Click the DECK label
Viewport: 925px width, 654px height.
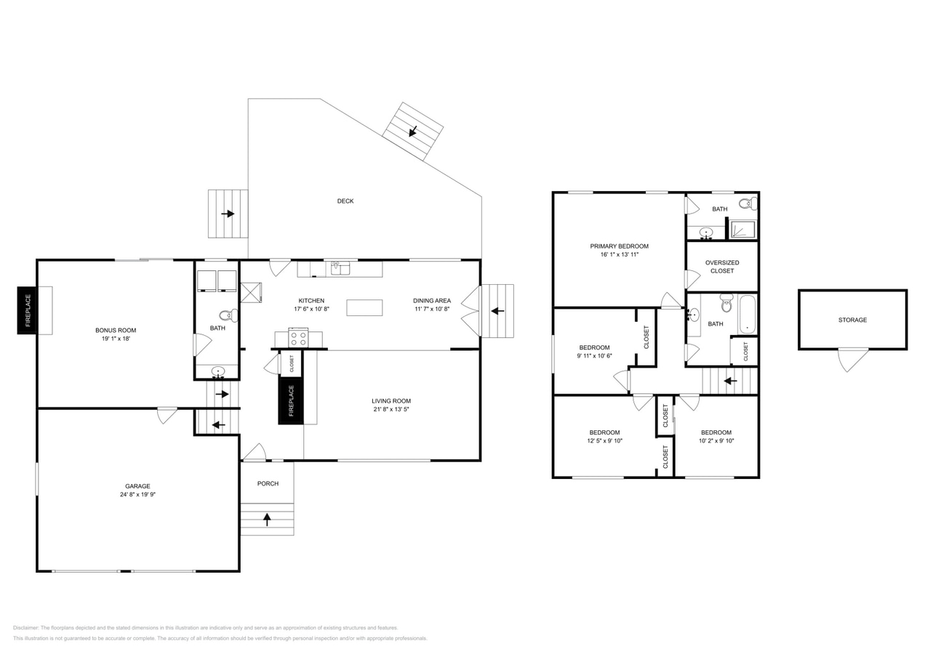pyautogui.click(x=345, y=201)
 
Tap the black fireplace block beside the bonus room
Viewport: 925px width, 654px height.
pyautogui.click(x=27, y=310)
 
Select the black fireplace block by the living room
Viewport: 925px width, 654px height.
pyautogui.click(x=291, y=400)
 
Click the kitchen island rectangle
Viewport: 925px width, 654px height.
pyautogui.click(x=364, y=308)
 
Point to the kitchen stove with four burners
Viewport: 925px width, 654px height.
pyautogui.click(x=298, y=339)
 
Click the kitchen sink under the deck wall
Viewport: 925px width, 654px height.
pyautogui.click(x=340, y=268)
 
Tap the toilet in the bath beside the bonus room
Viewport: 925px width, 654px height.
pyautogui.click(x=228, y=316)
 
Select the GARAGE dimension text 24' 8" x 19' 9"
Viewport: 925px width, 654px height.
pyautogui.click(x=138, y=495)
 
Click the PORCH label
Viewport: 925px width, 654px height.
pyautogui.click(x=268, y=483)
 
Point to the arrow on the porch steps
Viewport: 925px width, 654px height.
pyautogui.click(x=267, y=519)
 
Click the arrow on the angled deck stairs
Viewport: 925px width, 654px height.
pyautogui.click(x=412, y=132)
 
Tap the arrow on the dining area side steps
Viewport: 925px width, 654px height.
pyautogui.click(x=497, y=311)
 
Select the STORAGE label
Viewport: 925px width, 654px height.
pyautogui.click(x=852, y=320)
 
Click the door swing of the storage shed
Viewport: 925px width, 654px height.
pyautogui.click(x=853, y=360)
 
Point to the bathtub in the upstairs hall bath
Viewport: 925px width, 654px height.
pyautogui.click(x=747, y=315)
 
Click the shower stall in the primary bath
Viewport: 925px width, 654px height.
pyautogui.click(x=743, y=230)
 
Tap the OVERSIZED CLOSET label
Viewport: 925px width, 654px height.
pyautogui.click(x=722, y=267)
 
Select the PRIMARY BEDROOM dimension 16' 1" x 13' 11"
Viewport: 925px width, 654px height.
pyautogui.click(x=620, y=254)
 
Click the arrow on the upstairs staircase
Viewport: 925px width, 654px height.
pyautogui.click(x=730, y=381)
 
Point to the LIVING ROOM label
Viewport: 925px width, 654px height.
pyautogui.click(x=391, y=401)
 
